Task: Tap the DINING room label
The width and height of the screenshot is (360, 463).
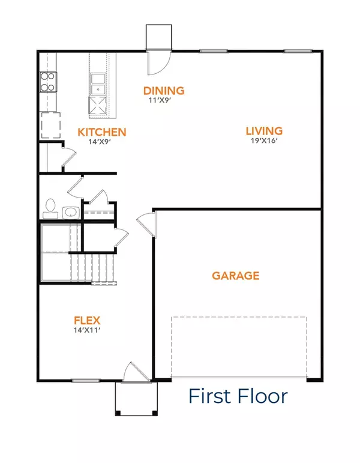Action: tap(163, 91)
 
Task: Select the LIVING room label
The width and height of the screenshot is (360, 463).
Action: tap(263, 131)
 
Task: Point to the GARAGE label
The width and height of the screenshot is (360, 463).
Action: tap(235, 276)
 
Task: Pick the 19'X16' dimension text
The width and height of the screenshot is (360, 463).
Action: tap(263, 141)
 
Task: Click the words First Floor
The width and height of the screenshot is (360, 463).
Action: tap(238, 396)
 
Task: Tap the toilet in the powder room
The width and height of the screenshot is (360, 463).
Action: tap(49, 208)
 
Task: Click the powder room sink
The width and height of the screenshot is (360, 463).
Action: tap(68, 211)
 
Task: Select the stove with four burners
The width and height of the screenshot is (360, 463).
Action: tap(47, 82)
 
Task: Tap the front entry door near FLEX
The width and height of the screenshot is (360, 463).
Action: tap(131, 372)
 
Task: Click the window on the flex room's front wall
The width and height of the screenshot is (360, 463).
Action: tap(85, 380)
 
